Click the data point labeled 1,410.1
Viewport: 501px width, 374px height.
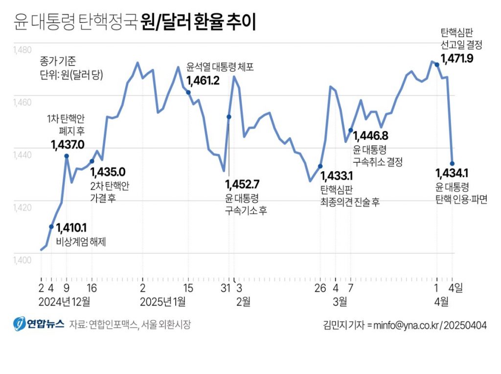click(x=51, y=226)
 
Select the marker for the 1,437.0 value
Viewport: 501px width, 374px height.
click(x=67, y=156)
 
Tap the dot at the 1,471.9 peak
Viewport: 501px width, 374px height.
click(x=437, y=64)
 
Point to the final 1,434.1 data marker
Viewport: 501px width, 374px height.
click(x=452, y=163)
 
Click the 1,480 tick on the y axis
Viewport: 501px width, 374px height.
click(x=22, y=50)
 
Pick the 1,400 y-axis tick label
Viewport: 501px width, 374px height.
click(x=22, y=260)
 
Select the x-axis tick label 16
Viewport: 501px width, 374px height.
click(x=91, y=288)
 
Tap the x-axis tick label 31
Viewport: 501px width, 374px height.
click(x=225, y=288)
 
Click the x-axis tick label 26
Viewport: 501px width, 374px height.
click(x=320, y=288)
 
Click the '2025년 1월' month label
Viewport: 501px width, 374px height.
click(x=163, y=301)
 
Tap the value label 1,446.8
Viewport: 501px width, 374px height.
click(x=371, y=135)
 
